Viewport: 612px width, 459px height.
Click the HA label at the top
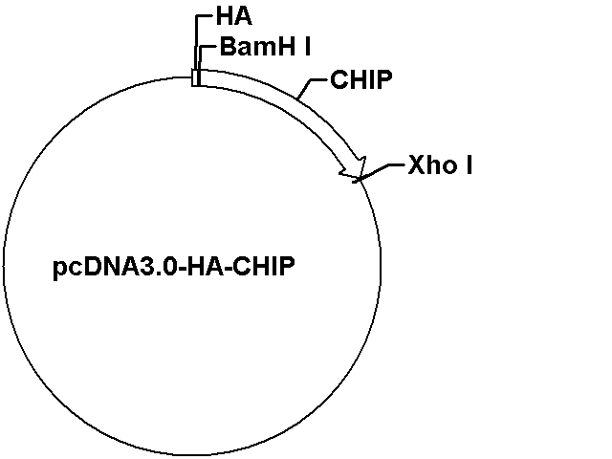pyautogui.click(x=233, y=17)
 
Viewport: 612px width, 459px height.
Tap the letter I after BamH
pyautogui.click(x=308, y=47)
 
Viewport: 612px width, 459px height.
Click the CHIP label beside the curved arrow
pyautogui.click(x=361, y=79)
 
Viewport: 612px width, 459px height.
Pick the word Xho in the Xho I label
pyautogui.click(x=432, y=164)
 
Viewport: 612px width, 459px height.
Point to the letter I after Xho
pyautogui.click(x=470, y=164)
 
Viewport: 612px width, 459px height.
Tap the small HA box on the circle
pyautogui.click(x=195, y=77)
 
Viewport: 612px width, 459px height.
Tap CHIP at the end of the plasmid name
pyautogui.click(x=264, y=267)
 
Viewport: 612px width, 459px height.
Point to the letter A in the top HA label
pyautogui.click(x=244, y=17)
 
